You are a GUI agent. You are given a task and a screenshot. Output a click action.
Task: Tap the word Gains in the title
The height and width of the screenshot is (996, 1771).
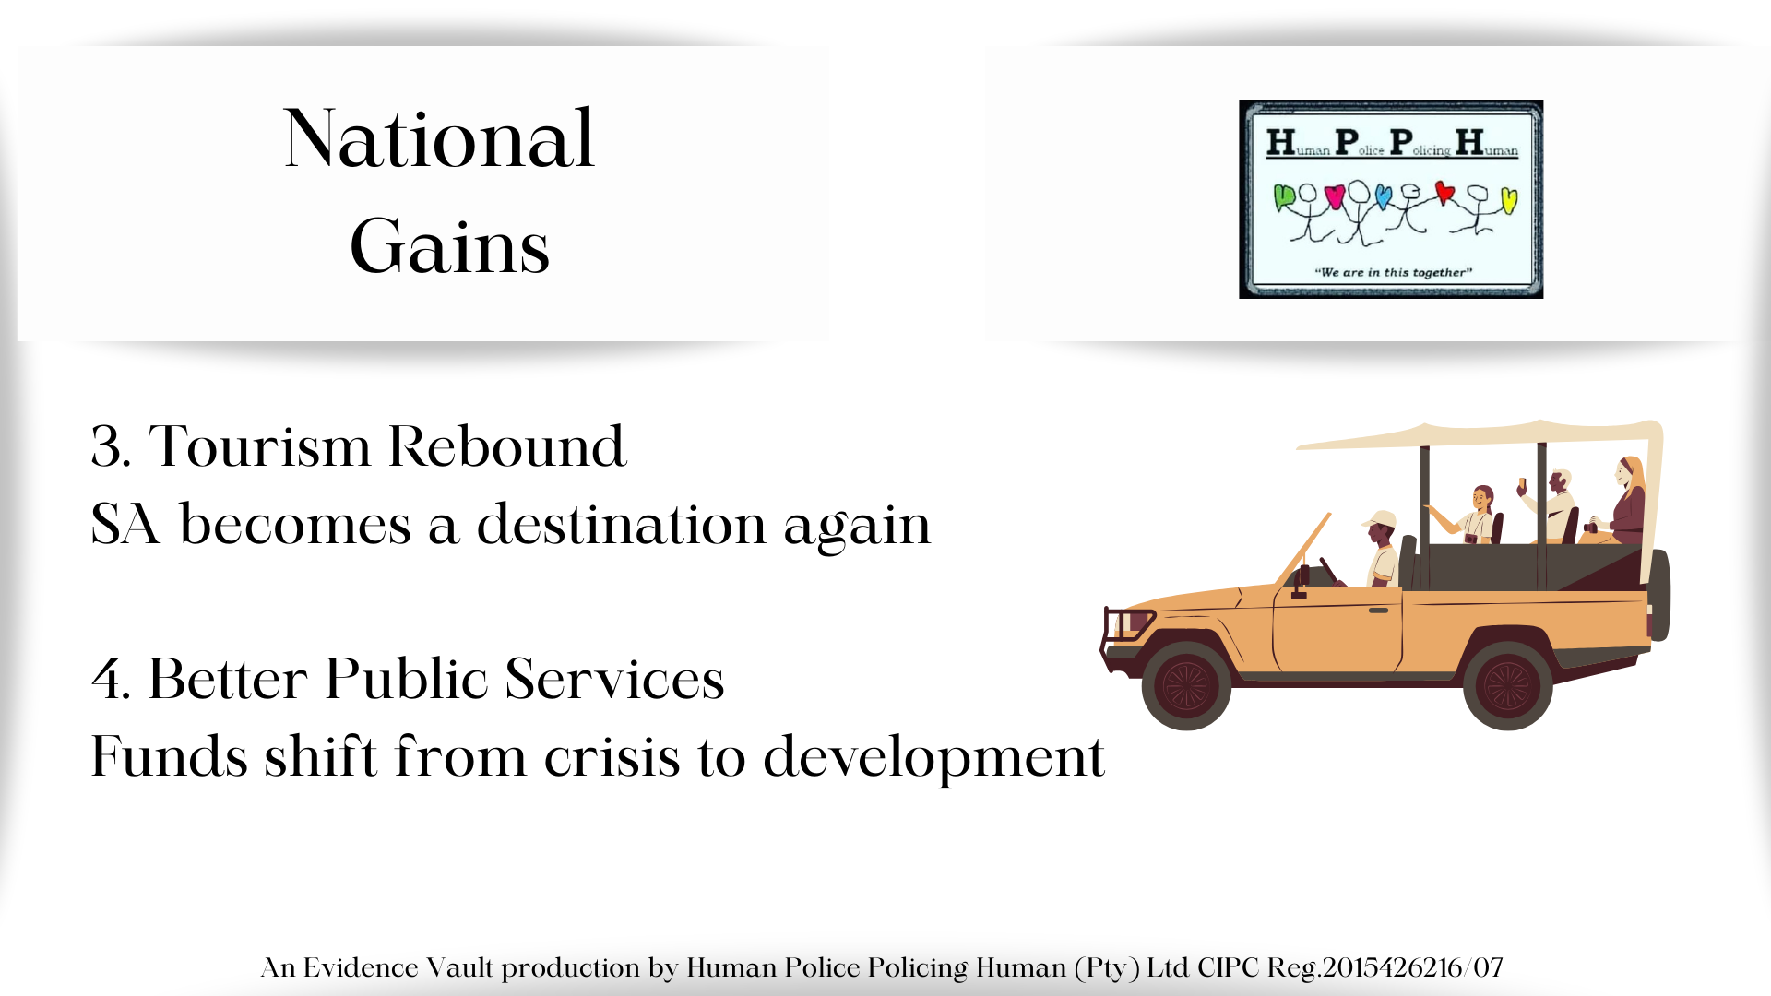click(x=449, y=246)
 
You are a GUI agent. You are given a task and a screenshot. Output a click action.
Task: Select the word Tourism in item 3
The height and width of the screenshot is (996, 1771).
click(x=260, y=446)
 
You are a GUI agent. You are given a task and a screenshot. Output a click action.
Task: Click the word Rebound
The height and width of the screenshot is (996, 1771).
click(x=507, y=446)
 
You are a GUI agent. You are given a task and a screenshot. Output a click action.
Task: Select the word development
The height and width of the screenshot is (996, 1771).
click(x=933, y=758)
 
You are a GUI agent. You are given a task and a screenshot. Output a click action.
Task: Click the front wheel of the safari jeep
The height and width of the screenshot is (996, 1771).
click(x=1186, y=685)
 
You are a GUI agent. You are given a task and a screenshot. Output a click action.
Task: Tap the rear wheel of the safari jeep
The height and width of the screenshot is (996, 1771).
click(x=1507, y=685)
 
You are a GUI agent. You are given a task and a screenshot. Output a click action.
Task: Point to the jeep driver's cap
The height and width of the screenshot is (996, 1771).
click(x=1379, y=518)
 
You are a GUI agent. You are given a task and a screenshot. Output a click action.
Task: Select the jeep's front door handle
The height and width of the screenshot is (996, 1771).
click(x=1378, y=611)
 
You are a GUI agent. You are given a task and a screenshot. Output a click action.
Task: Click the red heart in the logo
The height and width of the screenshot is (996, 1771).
click(x=1444, y=193)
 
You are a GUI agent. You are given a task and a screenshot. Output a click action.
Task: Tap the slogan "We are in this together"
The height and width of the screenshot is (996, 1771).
click(x=1393, y=272)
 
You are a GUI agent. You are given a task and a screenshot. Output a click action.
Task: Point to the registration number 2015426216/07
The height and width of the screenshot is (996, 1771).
click(x=1412, y=967)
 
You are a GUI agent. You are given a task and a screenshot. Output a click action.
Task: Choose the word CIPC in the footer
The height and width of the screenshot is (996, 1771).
click(x=1228, y=967)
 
